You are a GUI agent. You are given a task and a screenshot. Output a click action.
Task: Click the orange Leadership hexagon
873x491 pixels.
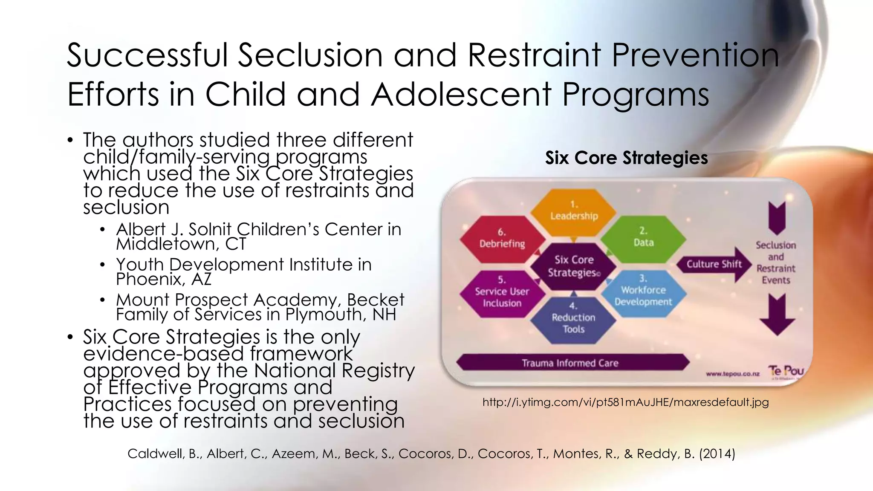(574, 212)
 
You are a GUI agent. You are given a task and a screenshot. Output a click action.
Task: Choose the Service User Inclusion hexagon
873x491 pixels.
(502, 294)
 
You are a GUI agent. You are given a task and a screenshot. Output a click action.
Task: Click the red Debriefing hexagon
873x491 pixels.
(502, 239)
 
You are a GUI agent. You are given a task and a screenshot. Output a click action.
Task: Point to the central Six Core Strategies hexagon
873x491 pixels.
(574, 266)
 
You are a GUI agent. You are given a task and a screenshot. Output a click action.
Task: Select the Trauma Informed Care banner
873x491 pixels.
(571, 363)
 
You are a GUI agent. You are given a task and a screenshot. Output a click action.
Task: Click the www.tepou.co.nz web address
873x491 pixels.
(733, 374)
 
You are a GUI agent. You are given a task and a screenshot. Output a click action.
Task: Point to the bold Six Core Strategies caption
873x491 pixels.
(626, 158)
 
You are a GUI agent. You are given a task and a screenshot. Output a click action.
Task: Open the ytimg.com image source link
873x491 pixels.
(625, 402)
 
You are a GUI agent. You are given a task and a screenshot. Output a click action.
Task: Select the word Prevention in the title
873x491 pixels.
(695, 55)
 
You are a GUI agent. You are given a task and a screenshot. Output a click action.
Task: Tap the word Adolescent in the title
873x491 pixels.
(461, 94)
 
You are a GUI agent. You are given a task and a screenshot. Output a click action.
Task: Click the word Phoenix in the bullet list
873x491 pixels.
(150, 279)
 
